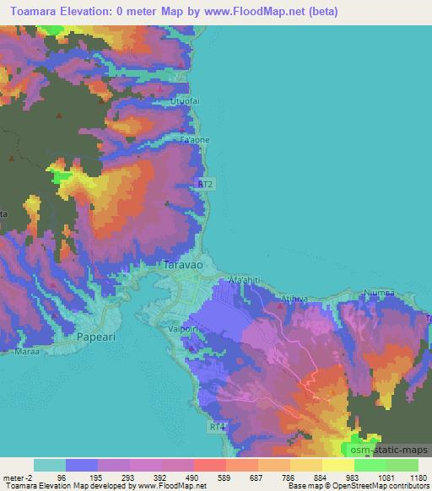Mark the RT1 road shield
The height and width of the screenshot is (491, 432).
click(219, 428)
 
